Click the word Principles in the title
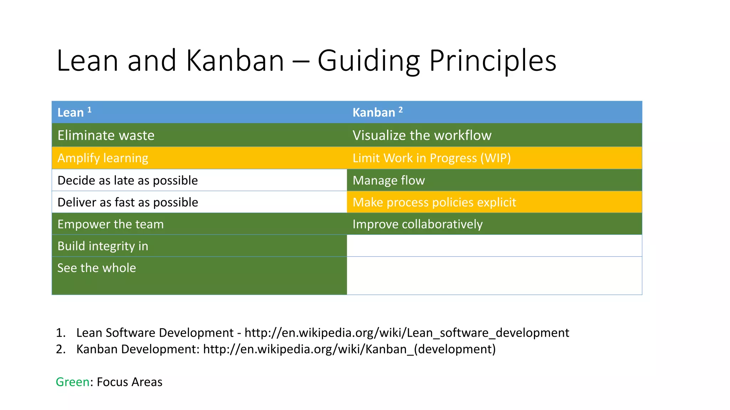click(x=493, y=61)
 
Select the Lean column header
click(x=71, y=112)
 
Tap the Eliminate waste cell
click(x=106, y=136)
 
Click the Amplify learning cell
click(x=103, y=158)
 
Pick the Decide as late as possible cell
click(x=128, y=180)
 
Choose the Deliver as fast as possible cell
click(x=128, y=203)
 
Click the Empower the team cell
click(x=110, y=224)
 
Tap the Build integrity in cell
click(x=103, y=246)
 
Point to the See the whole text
click(x=97, y=268)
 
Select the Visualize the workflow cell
click(x=422, y=136)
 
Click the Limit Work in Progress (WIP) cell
click(x=431, y=158)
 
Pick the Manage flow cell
click(x=389, y=180)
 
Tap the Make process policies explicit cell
click(x=434, y=203)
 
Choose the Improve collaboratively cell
click(x=417, y=224)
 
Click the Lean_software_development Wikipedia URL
click(x=407, y=333)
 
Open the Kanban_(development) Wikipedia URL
click(x=349, y=349)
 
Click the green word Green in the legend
click(x=73, y=382)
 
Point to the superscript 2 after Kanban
click(x=401, y=110)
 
